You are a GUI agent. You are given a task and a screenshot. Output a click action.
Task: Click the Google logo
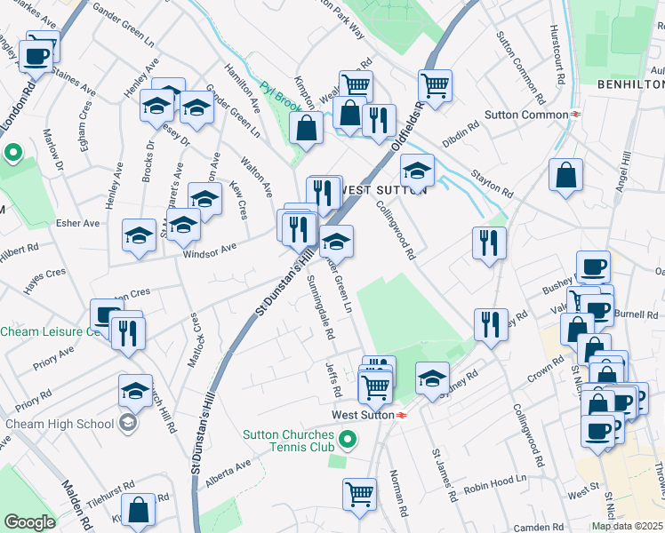[x=29, y=522]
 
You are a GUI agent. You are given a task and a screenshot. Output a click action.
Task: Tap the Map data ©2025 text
[x=628, y=526]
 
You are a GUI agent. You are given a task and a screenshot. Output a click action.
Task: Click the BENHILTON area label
[x=630, y=84]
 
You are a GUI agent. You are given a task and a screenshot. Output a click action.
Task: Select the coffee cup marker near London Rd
[x=36, y=54]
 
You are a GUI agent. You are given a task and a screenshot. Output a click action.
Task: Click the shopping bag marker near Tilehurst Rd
[x=138, y=510]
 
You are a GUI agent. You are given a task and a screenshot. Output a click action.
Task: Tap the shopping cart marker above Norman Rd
[x=359, y=493]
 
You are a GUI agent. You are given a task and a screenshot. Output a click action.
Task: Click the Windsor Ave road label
[x=210, y=252]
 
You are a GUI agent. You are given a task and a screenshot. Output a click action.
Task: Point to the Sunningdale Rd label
[x=318, y=307]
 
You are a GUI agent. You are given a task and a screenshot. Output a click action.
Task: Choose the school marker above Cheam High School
[x=135, y=389]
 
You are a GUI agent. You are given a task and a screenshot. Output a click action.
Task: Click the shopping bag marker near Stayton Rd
[x=565, y=175]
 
